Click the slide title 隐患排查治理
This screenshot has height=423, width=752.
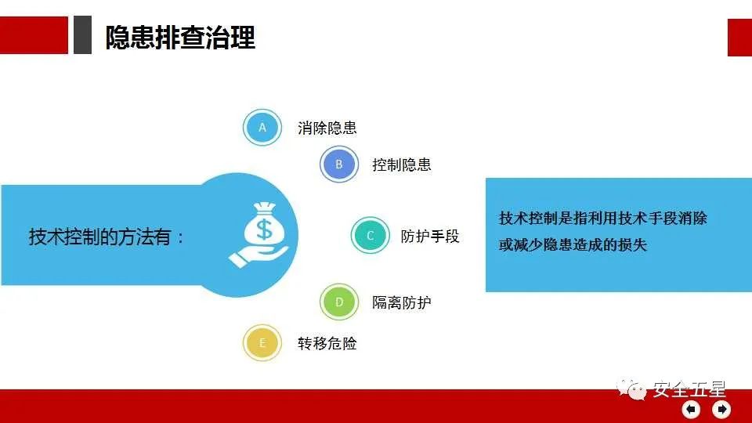click(x=180, y=37)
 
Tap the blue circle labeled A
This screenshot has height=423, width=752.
click(x=262, y=127)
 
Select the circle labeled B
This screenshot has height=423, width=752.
click(x=339, y=164)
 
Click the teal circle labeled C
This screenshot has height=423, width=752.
click(x=371, y=235)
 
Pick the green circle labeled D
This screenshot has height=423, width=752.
click(x=339, y=302)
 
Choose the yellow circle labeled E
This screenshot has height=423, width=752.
click(x=262, y=343)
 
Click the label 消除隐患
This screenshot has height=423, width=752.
click(x=327, y=128)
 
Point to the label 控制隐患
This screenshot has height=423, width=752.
click(x=402, y=164)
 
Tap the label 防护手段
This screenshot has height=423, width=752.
click(x=430, y=236)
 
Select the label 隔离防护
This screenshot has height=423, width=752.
click(x=402, y=302)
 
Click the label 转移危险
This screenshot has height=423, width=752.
click(x=327, y=343)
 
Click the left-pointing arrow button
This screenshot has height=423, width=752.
click(x=691, y=409)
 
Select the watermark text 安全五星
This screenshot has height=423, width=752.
click(x=689, y=389)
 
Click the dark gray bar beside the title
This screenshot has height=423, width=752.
click(x=82, y=35)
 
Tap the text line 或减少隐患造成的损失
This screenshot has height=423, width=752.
click(x=573, y=244)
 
